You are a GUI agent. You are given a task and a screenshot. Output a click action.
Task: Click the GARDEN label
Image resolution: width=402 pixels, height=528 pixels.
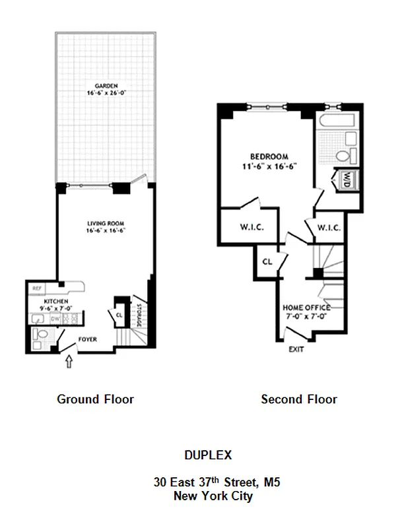click(x=106, y=86)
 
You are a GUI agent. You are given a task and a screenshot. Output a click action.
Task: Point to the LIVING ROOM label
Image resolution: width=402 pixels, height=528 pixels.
click(x=106, y=222)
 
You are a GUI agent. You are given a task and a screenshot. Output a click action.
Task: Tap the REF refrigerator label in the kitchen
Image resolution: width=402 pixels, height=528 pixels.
click(x=36, y=288)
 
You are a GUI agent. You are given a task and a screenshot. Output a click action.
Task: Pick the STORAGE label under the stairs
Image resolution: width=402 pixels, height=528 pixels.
click(x=139, y=313)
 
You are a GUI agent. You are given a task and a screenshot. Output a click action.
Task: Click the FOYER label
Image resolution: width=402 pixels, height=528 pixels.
click(x=88, y=339)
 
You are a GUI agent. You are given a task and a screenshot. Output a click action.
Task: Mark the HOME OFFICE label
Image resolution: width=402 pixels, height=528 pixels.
click(x=306, y=308)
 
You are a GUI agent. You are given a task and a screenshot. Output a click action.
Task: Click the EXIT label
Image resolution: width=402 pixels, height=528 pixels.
click(x=296, y=349)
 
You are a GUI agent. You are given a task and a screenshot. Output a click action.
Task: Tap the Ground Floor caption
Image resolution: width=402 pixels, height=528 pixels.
click(x=96, y=399)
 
